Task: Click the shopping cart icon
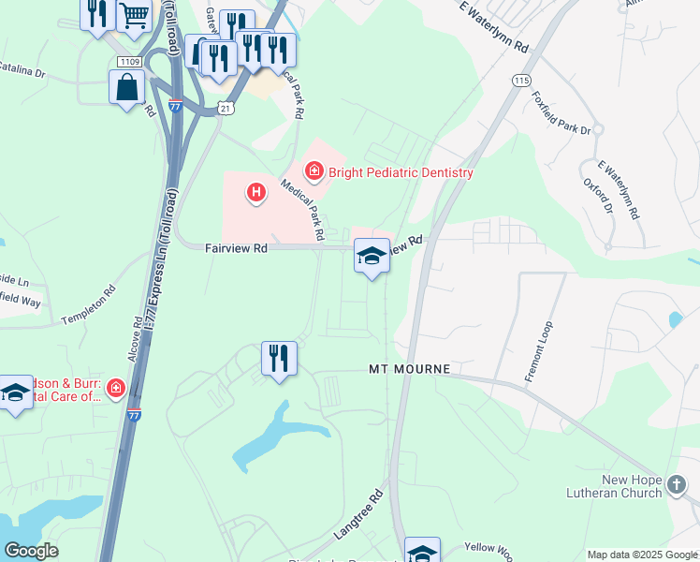135,15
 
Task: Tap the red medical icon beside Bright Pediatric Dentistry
314,170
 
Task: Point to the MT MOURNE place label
409,370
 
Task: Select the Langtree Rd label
359,515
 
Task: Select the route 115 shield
521,81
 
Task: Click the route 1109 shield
130,62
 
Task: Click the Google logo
31,551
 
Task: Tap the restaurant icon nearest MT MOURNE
279,358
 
